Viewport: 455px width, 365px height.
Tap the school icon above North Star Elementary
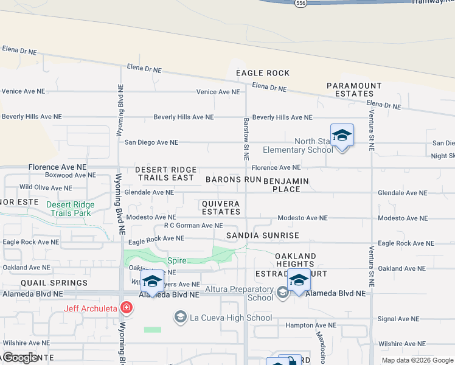click(x=342, y=136)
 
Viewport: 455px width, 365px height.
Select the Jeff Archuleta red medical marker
click(x=126, y=308)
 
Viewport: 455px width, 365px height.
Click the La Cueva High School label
click(x=231, y=318)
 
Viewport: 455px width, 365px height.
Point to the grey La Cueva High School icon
click(x=180, y=317)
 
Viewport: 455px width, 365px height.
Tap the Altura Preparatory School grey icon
click(x=282, y=293)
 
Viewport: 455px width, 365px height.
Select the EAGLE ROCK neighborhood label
click(x=263, y=73)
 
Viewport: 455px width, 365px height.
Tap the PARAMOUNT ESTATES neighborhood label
click(x=354, y=90)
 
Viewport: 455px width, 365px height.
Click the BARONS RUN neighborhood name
click(x=233, y=179)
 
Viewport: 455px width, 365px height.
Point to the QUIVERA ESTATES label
click(x=221, y=207)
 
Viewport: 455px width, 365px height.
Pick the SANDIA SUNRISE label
click(x=263, y=235)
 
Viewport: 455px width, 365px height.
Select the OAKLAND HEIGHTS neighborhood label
click(x=294, y=260)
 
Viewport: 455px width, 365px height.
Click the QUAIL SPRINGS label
click(x=54, y=283)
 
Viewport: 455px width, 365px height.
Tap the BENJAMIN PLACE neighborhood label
click(x=286, y=185)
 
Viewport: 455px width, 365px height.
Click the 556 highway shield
click(x=300, y=3)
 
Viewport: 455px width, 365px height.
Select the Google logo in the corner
click(x=20, y=358)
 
